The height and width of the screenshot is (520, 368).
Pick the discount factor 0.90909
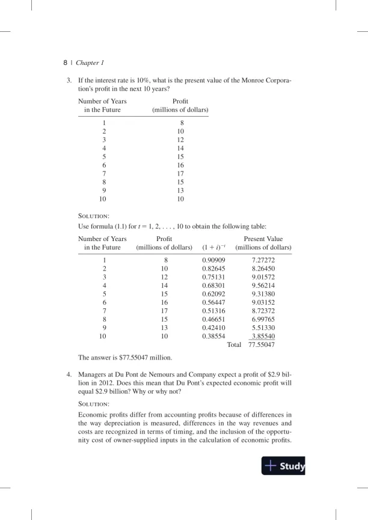point(213,260)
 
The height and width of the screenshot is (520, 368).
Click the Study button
point(284,466)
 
